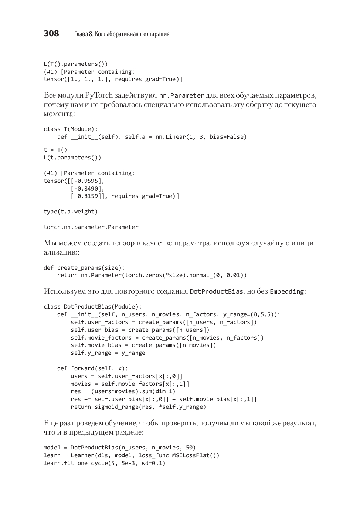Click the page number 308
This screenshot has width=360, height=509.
pyautogui.click(x=51, y=34)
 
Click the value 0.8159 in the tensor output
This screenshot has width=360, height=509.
pyautogui.click(x=88, y=196)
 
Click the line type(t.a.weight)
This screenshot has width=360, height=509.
pyautogui.click(x=71, y=212)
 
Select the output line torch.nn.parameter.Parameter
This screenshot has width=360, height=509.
pyautogui.click(x=91, y=227)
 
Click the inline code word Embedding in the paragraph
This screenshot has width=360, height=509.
pyautogui.click(x=287, y=291)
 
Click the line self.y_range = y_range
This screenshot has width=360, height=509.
pyautogui.click(x=108, y=353)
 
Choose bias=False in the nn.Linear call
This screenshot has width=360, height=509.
pyautogui.click(x=228, y=137)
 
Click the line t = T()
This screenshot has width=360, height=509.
pyautogui.click(x=55, y=150)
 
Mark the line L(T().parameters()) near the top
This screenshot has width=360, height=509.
pyautogui.click(x=76, y=64)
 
